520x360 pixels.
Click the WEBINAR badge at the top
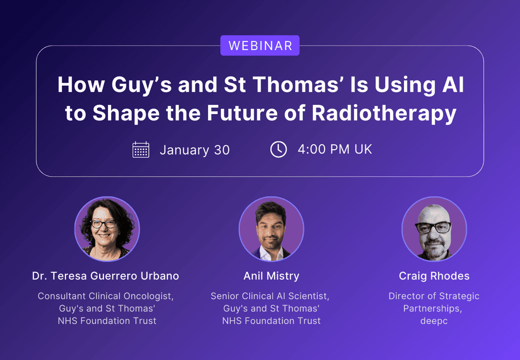(x=260, y=46)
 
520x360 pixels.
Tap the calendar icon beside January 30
(x=141, y=150)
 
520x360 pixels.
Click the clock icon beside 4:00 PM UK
(x=278, y=150)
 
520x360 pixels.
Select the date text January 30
(x=195, y=150)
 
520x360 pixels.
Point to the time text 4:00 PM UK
(x=335, y=150)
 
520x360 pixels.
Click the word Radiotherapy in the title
(x=384, y=113)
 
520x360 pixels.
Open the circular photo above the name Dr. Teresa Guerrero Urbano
(x=107, y=229)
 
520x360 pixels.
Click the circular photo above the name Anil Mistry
(x=271, y=229)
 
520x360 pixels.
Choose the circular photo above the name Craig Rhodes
(x=434, y=229)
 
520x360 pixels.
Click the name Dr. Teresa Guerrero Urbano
(x=105, y=276)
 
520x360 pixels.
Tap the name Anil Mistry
(x=271, y=276)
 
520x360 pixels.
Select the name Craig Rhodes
(x=434, y=276)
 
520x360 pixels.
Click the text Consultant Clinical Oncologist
(x=105, y=296)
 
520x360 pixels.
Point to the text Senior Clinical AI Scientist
(x=270, y=296)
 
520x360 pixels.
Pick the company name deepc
(x=434, y=321)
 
